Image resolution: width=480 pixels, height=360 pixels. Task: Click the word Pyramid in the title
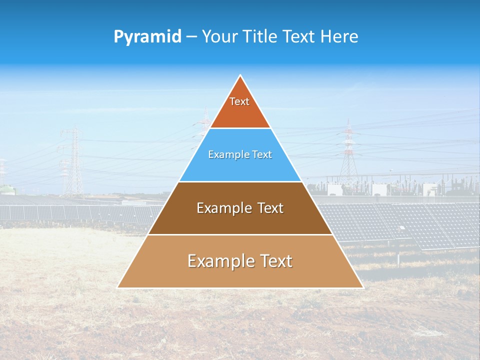point(147,37)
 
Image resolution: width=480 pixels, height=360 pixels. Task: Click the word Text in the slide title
point(298,37)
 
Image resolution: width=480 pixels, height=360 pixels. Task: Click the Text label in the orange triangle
point(239,101)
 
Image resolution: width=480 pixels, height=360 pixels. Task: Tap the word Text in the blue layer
point(261,155)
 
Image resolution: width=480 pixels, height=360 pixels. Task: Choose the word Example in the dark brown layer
point(223,208)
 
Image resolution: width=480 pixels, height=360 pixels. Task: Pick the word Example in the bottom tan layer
point(218,261)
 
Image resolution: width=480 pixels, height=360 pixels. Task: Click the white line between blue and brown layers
point(240,181)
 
